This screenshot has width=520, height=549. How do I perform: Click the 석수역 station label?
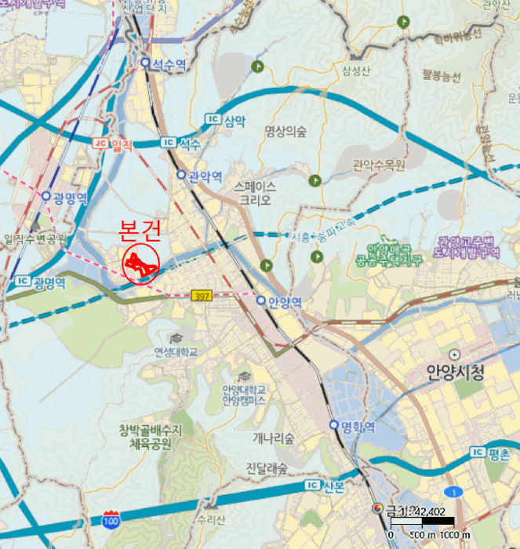point(169,64)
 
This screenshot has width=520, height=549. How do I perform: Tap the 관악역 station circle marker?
point(181,175)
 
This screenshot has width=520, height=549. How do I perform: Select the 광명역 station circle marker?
point(46,196)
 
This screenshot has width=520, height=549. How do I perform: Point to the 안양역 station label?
point(285,301)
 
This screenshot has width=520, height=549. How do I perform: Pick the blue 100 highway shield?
point(111,519)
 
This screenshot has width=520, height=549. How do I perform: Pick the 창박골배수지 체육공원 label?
point(151,437)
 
